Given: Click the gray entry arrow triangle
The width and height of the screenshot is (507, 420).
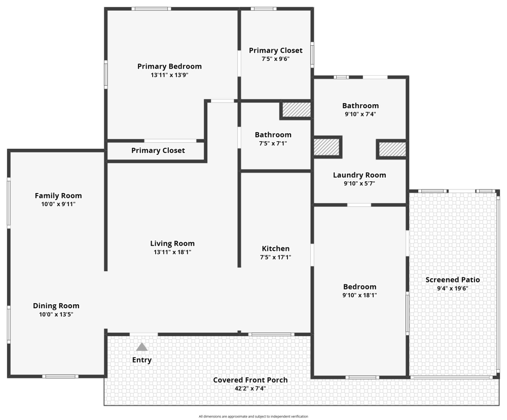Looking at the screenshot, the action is pos(142,347).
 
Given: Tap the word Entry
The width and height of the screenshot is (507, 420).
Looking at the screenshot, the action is pos(142,360).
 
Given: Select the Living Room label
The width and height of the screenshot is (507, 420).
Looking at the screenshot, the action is pos(172,243).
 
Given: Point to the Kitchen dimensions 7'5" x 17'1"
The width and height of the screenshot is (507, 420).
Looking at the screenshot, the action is pos(275,257).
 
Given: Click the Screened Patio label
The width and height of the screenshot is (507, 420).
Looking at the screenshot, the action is pos(453,280).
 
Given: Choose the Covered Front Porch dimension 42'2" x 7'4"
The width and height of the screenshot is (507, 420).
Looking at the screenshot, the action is pos(250,389).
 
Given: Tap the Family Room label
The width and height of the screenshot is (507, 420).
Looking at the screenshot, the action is pos(58,196).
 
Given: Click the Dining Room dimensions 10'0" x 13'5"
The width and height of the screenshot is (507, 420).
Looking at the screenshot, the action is pos(56,314).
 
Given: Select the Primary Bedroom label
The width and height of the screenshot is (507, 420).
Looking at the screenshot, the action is pos(169,67).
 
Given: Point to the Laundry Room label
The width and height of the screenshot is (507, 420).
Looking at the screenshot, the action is pos(359,175).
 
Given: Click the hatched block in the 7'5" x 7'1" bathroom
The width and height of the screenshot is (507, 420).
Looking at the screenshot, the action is pos(297,110).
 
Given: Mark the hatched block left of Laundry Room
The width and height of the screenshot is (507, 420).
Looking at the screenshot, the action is pos(327,147).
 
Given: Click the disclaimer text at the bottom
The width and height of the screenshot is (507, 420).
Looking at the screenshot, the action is pos(253,416).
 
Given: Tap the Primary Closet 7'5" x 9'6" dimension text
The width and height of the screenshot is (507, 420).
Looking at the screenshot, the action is pos(275,59).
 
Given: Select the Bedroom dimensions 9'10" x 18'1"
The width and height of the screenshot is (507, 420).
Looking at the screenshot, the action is pos(359,296).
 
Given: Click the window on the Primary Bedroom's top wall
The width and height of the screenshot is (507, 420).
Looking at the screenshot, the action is pos(151,9).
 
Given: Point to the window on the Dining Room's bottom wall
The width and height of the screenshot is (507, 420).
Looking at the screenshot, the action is pos(60,376).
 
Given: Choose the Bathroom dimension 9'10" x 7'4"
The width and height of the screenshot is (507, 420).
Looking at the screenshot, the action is pos(360,114).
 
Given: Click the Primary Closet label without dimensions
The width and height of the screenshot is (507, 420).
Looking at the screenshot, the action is pos(158,150).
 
